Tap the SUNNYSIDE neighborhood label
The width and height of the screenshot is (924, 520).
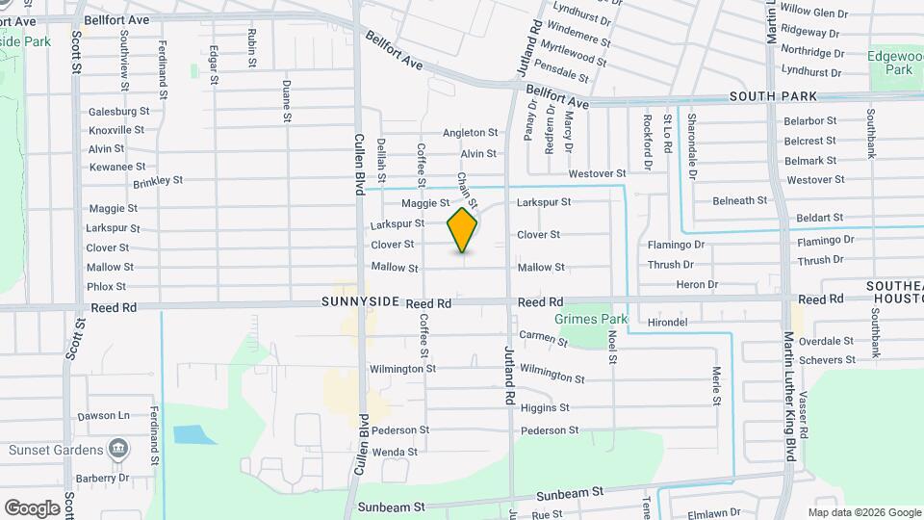(360, 302)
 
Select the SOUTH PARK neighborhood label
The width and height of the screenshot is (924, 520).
(773, 96)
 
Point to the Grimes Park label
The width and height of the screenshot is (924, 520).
(591, 319)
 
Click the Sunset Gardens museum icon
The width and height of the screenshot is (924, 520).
(118, 449)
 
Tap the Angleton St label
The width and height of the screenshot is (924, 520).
(471, 133)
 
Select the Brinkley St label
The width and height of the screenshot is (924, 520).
(158, 180)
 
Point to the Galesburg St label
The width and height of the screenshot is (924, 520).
(119, 111)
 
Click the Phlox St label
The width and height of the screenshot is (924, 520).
(106, 286)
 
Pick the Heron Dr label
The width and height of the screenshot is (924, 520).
(697, 284)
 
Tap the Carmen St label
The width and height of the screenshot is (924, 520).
(544, 337)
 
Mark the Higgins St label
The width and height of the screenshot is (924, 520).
(545, 407)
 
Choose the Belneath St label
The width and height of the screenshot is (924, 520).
(739, 200)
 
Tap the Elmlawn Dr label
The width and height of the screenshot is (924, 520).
(712, 512)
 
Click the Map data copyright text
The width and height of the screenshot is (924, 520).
(863, 512)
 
